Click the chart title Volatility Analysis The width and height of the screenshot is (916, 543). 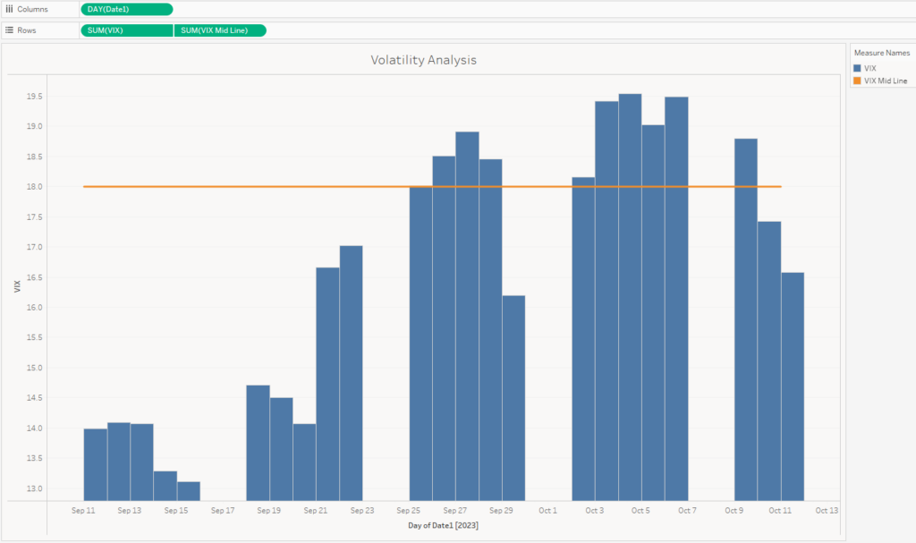tap(424, 61)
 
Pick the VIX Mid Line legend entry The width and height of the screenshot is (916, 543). tap(885, 81)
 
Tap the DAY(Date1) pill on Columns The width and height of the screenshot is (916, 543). tap(126, 9)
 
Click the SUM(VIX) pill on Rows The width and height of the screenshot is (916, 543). tap(126, 30)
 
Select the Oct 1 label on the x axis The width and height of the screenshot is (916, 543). tap(547, 511)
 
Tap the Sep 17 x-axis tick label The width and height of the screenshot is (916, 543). tap(223, 511)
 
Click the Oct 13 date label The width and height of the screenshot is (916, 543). tap(827, 511)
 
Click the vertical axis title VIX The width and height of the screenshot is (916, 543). tap(17, 287)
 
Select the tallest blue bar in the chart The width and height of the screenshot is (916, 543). tap(630, 295)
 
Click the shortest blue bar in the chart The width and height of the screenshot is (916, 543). tap(189, 491)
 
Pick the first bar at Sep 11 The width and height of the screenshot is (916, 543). tap(96, 464)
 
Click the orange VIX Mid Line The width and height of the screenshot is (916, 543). tap(268, 186)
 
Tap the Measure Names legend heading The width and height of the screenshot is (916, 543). tap(881, 53)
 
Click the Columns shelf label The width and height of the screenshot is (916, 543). tap(32, 9)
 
